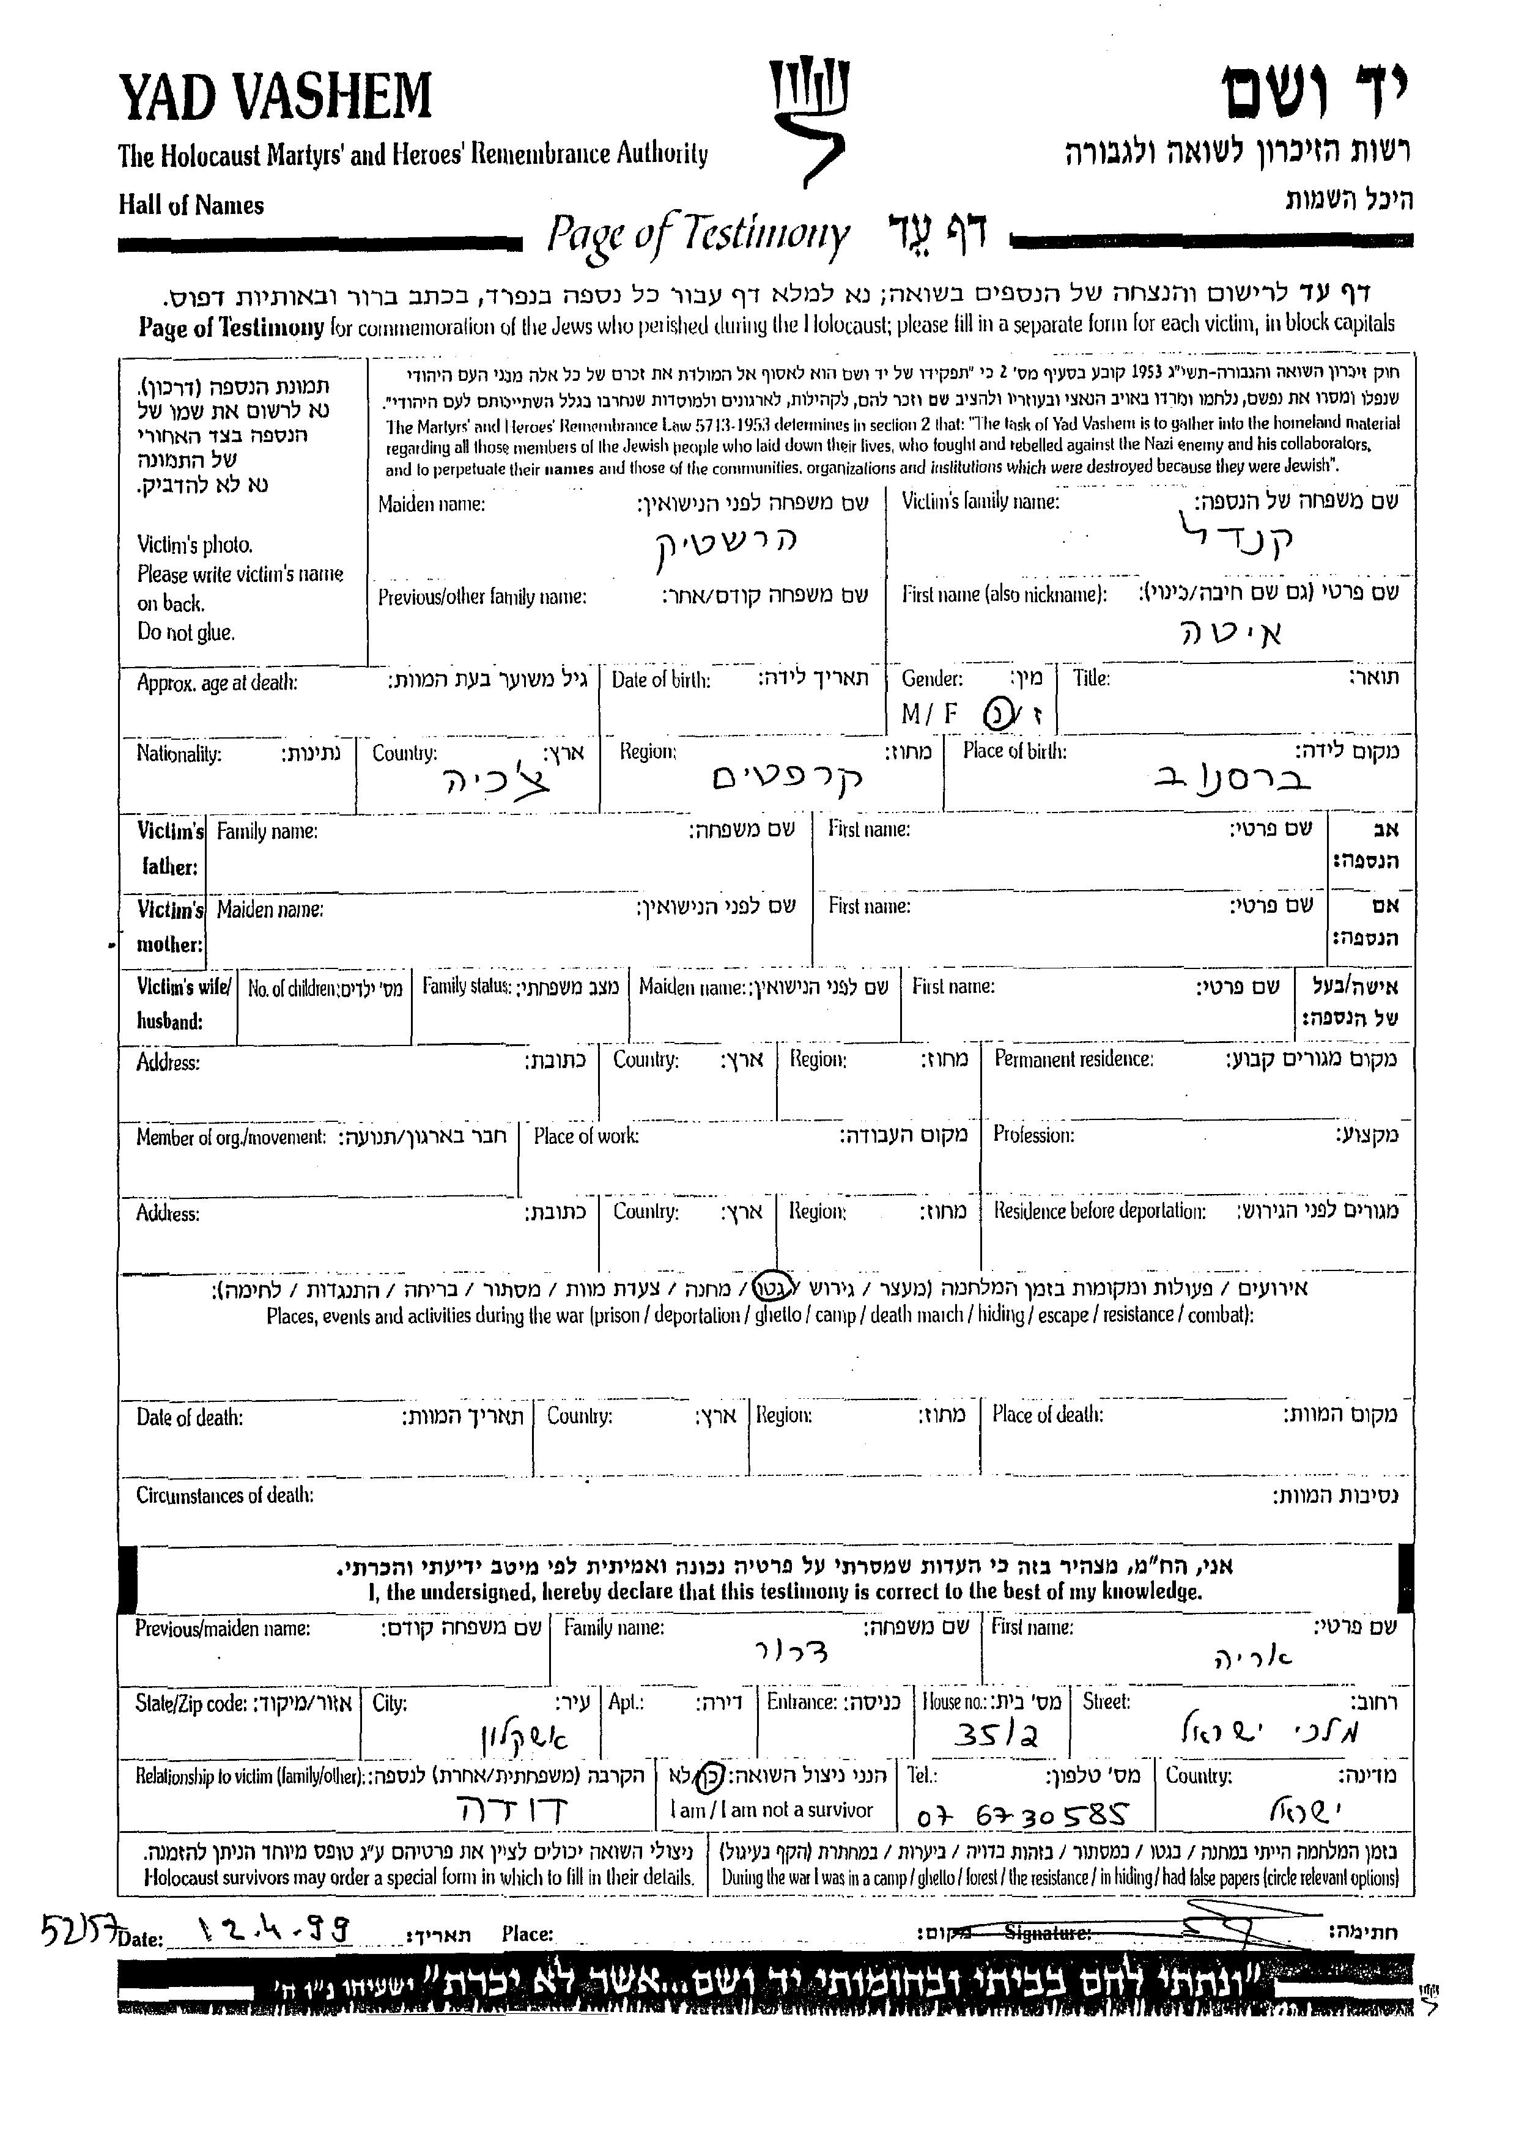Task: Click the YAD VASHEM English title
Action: click(275, 97)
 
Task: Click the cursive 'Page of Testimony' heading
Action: click(698, 235)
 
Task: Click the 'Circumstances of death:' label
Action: click(224, 1495)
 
